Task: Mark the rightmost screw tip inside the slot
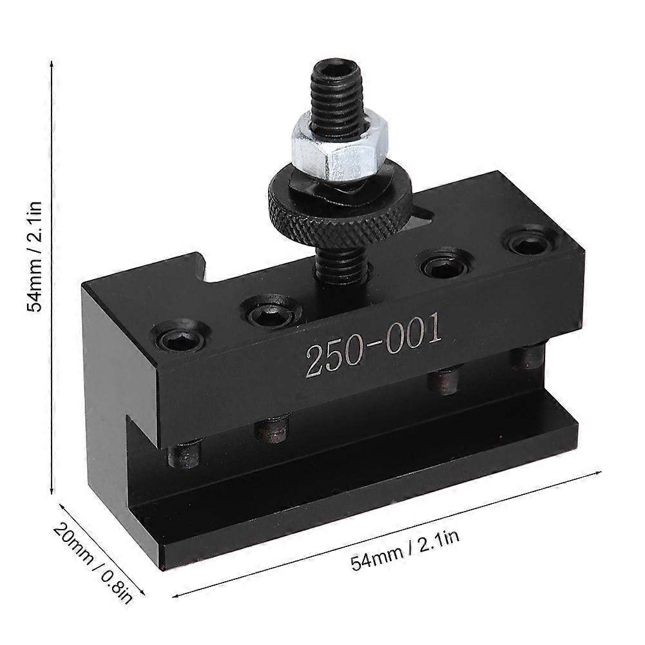(x=530, y=356)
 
